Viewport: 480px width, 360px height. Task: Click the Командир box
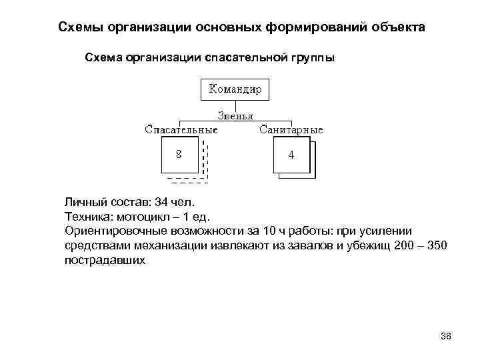point(235,89)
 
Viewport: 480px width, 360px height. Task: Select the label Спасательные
point(181,129)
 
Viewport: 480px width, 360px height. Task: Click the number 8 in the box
point(179,154)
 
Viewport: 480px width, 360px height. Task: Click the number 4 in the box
point(291,155)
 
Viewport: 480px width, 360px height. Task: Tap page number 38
point(446,335)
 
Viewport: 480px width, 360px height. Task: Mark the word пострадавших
point(105,260)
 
